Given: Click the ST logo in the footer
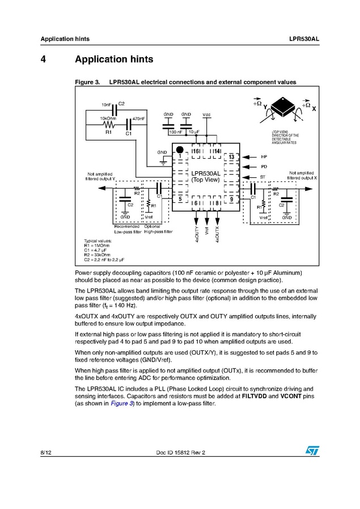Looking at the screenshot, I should pos(312,449).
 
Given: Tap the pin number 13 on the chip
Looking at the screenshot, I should pos(231,156).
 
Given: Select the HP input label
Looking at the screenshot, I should pos(264,156).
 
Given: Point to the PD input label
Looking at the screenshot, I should pos(264,167).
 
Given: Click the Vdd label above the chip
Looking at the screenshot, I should pos(206,115).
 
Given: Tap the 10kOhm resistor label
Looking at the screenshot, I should pos(108,118).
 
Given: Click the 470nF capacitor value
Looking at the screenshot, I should pos(138,118).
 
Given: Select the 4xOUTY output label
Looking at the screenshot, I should pos(196,234).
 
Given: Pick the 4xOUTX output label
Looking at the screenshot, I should pos(217,234).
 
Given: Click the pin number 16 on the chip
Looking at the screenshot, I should pos(196,152).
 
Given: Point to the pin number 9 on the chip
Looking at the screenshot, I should pos(231,200).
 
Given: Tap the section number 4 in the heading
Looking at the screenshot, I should pos(43,60).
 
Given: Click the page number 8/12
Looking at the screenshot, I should pos(46,452).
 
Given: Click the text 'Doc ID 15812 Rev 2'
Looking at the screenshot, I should pos(180,452).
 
